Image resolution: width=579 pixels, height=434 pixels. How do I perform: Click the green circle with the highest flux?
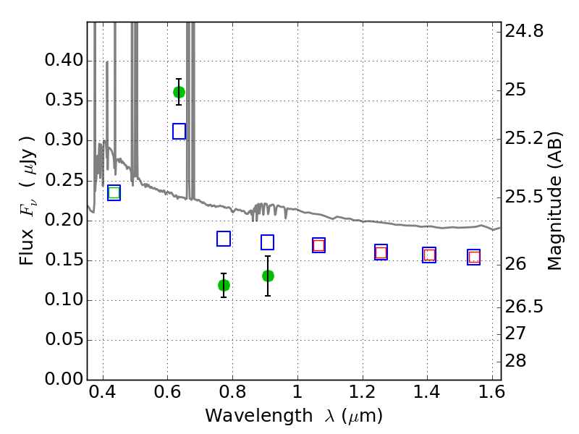pyautogui.click(x=179, y=92)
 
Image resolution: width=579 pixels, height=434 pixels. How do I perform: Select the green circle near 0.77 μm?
pyautogui.click(x=224, y=285)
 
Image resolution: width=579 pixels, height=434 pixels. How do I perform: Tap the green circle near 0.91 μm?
pyautogui.click(x=268, y=276)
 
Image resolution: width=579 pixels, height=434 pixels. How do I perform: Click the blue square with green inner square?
pyautogui.click(x=114, y=192)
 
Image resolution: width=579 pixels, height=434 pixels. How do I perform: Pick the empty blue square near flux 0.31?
pyautogui.click(x=179, y=131)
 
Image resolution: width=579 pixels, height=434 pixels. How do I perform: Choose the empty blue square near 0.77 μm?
pyautogui.click(x=224, y=239)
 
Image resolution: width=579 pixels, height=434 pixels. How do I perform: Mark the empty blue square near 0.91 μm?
pyautogui.click(x=267, y=242)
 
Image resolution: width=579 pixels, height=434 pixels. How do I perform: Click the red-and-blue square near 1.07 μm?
pyautogui.click(x=318, y=245)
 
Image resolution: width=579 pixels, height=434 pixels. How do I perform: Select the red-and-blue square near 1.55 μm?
pyautogui.click(x=474, y=258)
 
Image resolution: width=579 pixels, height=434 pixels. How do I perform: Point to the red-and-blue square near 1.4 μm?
pyautogui.click(x=429, y=255)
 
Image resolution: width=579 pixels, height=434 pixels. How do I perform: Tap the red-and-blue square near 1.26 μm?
pyautogui.click(x=381, y=252)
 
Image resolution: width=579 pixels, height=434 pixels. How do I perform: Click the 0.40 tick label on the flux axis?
pyautogui.click(x=64, y=60)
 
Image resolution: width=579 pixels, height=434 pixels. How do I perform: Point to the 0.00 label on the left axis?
pyautogui.click(x=64, y=379)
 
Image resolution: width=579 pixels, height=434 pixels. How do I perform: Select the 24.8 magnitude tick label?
pyautogui.click(x=524, y=31)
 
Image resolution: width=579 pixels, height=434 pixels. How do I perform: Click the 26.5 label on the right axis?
pyautogui.click(x=524, y=306)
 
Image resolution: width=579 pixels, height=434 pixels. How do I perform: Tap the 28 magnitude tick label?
pyautogui.click(x=515, y=360)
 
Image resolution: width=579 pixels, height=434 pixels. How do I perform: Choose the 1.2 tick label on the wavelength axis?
pyautogui.click(x=363, y=391)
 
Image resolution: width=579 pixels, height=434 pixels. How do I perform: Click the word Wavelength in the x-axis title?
pyautogui.click(x=259, y=416)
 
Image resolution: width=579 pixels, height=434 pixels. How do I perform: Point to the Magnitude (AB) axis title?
pyautogui.click(x=554, y=201)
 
